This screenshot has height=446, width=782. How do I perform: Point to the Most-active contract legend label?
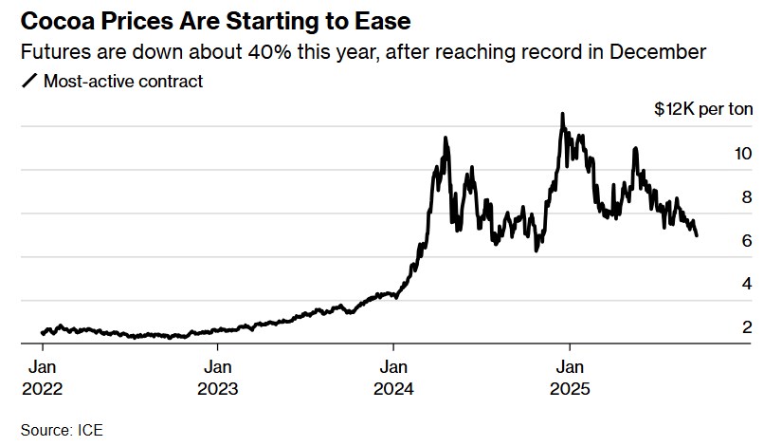coord(123,82)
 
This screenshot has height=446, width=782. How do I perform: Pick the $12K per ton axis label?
coord(703,109)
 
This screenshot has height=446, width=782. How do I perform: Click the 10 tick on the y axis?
coord(743,154)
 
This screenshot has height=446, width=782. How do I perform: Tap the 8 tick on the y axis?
coord(747,197)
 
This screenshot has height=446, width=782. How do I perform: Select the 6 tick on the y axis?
coord(747,241)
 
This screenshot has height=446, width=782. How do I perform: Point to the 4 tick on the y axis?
coord(747,284)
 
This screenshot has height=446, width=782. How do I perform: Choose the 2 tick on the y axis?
coord(747,327)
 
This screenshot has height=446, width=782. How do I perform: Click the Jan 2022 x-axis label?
coord(43,378)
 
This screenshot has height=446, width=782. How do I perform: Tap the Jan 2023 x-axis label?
coord(218,378)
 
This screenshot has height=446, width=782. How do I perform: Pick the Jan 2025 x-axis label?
coord(569,378)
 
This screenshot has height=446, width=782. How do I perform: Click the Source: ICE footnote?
coord(62,430)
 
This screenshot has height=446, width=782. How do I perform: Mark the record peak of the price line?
coord(563,114)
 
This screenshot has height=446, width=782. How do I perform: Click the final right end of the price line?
coord(697,235)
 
